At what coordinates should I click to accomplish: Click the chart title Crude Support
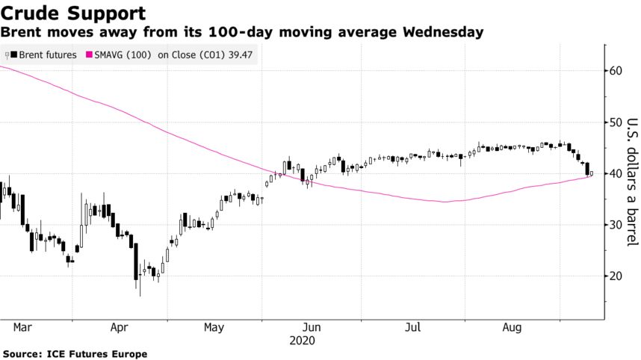click(73, 13)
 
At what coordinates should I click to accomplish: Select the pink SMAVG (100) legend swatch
click(90, 55)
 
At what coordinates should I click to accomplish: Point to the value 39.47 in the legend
click(238, 55)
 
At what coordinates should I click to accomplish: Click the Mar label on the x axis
click(22, 327)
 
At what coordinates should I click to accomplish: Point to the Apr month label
click(120, 327)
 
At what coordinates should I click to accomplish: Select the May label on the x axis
click(214, 327)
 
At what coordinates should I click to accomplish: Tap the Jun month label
click(312, 327)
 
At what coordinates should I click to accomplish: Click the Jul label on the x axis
click(413, 327)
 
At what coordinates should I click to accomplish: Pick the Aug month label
click(512, 327)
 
